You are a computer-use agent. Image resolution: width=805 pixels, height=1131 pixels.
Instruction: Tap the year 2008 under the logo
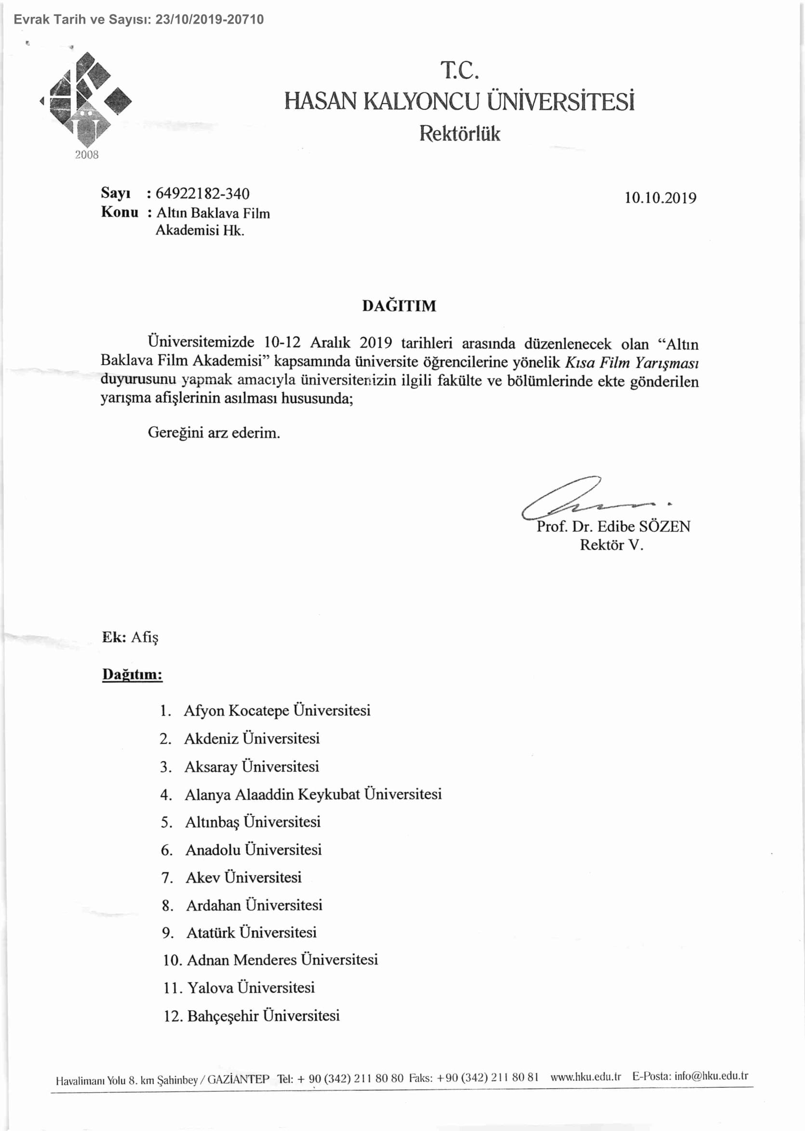[87, 155]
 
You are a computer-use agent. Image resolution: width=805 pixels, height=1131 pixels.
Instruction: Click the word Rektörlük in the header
[459, 134]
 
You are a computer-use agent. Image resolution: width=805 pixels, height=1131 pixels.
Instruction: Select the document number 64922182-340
[202, 193]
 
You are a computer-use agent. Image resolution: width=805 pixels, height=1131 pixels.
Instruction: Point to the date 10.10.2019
[660, 198]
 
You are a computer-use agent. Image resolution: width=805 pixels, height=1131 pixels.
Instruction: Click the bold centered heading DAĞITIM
[399, 305]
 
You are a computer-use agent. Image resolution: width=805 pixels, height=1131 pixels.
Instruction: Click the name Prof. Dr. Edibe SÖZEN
[613, 526]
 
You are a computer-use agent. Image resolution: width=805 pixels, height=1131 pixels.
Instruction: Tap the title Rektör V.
[611, 545]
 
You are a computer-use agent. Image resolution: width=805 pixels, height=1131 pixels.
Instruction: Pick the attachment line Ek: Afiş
[130, 637]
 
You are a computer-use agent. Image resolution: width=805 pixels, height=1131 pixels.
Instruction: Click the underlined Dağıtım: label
[133, 674]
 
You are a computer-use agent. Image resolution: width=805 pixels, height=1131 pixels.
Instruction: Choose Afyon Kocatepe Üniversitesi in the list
[277, 710]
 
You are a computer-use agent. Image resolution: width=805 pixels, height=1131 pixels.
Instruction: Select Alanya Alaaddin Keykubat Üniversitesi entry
[313, 794]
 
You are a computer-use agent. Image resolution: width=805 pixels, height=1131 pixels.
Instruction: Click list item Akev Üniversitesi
[243, 877]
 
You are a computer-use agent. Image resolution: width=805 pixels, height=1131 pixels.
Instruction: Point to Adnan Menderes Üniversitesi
[282, 959]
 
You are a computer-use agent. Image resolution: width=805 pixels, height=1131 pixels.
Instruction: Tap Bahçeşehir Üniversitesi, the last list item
[263, 1015]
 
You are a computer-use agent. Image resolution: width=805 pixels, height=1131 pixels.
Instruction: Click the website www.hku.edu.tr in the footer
[585, 1076]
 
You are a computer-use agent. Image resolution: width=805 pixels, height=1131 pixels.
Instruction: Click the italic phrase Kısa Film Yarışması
[632, 363]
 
